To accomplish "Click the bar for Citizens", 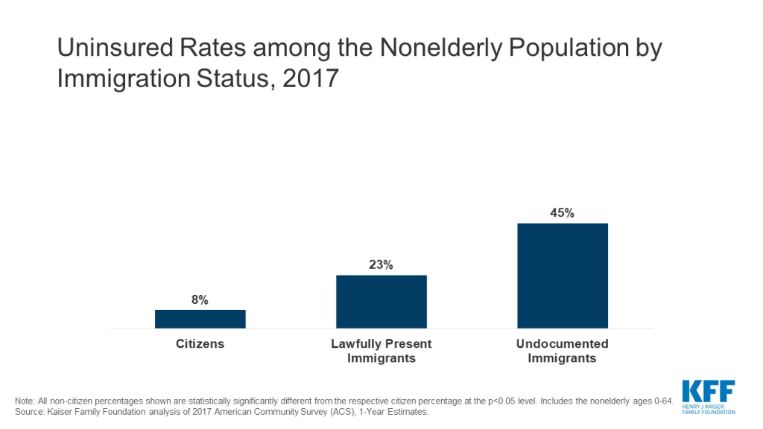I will (200, 319).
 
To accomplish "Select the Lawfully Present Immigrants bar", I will (381, 302).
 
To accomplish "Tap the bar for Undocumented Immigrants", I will (563, 276).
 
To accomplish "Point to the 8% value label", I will (200, 300).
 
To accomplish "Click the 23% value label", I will (381, 264).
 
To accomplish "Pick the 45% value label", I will (563, 213).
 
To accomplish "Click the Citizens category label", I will (200, 344).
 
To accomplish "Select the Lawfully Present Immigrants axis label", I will (381, 351).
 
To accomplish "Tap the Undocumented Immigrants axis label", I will (563, 351).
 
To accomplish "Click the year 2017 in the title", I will (311, 79).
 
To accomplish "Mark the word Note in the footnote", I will (25, 401).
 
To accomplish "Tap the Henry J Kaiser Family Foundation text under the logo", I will (708, 409).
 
